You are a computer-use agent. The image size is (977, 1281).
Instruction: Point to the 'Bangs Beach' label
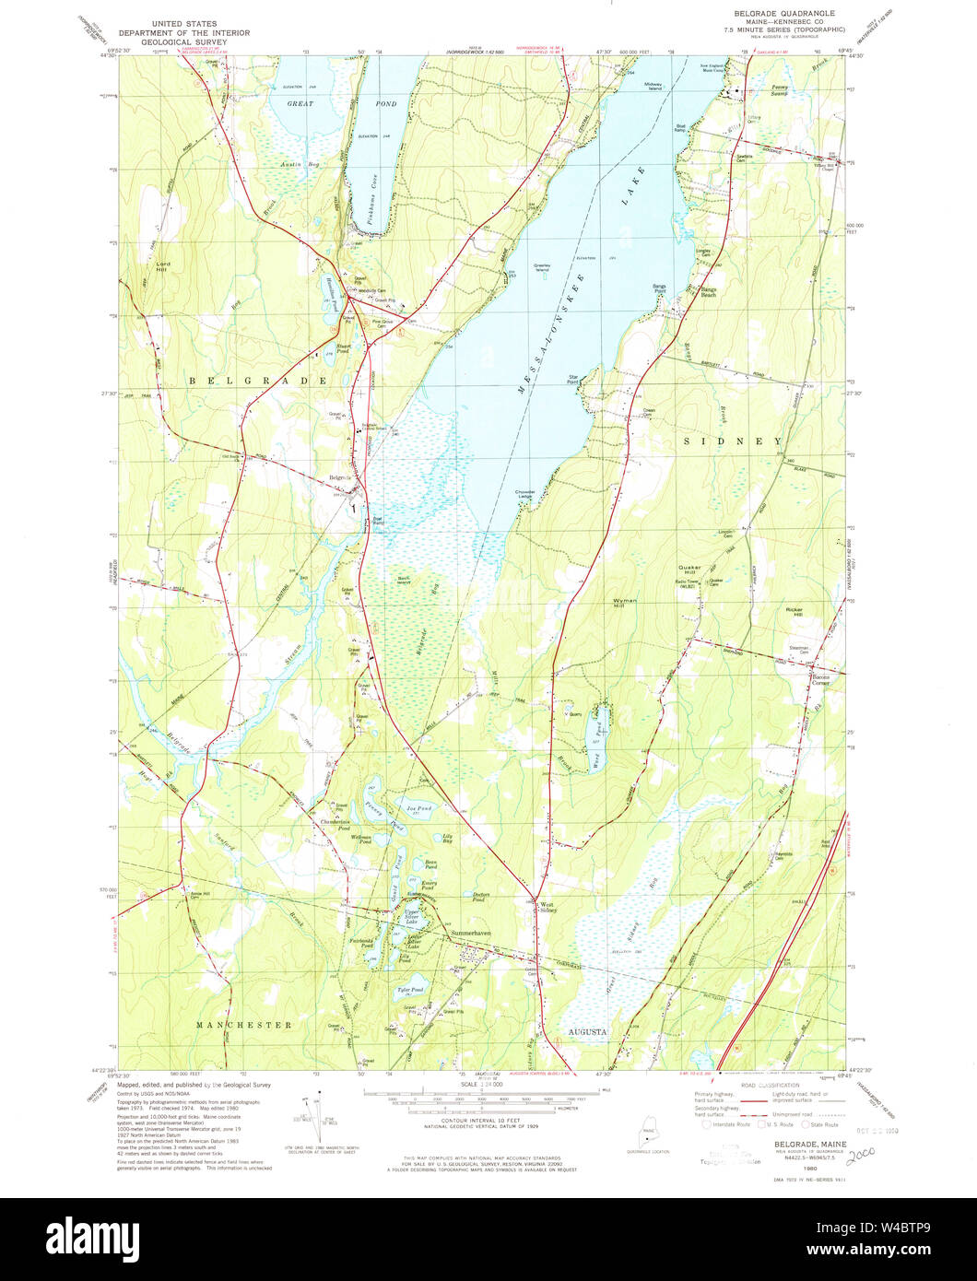pos(708,292)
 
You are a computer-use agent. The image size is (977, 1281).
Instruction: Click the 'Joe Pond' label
pos(419,808)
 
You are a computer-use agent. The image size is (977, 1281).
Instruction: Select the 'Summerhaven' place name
pos(471,934)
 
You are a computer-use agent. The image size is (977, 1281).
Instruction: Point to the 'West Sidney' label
pos(547,907)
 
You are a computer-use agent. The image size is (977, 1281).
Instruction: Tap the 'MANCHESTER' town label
pos(243,1025)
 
